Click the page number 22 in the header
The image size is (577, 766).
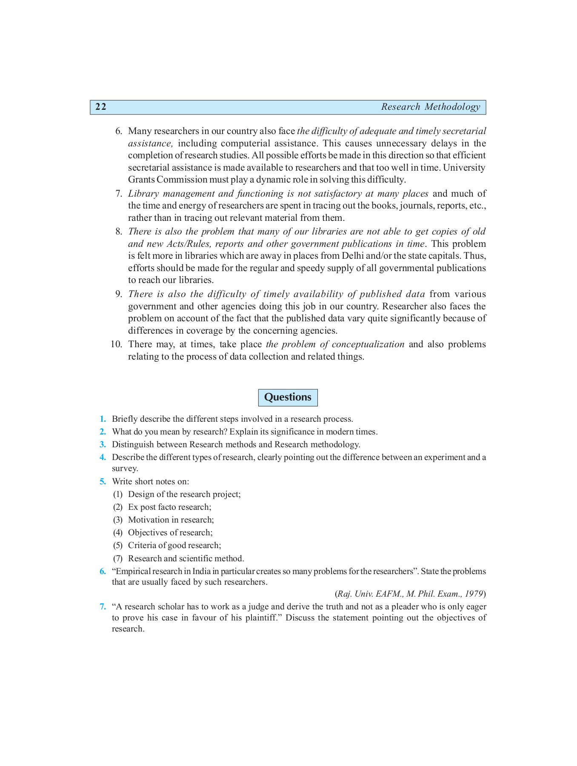pyautogui.click(x=101, y=107)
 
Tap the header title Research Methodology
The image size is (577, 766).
pyautogui.click(x=430, y=107)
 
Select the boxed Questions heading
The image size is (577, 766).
pyautogui.click(x=288, y=397)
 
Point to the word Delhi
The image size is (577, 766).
pyautogui.click(x=353, y=256)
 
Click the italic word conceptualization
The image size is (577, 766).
pyautogui.click(x=368, y=344)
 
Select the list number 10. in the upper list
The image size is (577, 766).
pyautogui.click(x=116, y=344)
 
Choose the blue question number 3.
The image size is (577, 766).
pyautogui.click(x=103, y=445)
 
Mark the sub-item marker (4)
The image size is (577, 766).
pyautogui.click(x=117, y=533)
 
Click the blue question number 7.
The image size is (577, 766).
pyautogui.click(x=103, y=607)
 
